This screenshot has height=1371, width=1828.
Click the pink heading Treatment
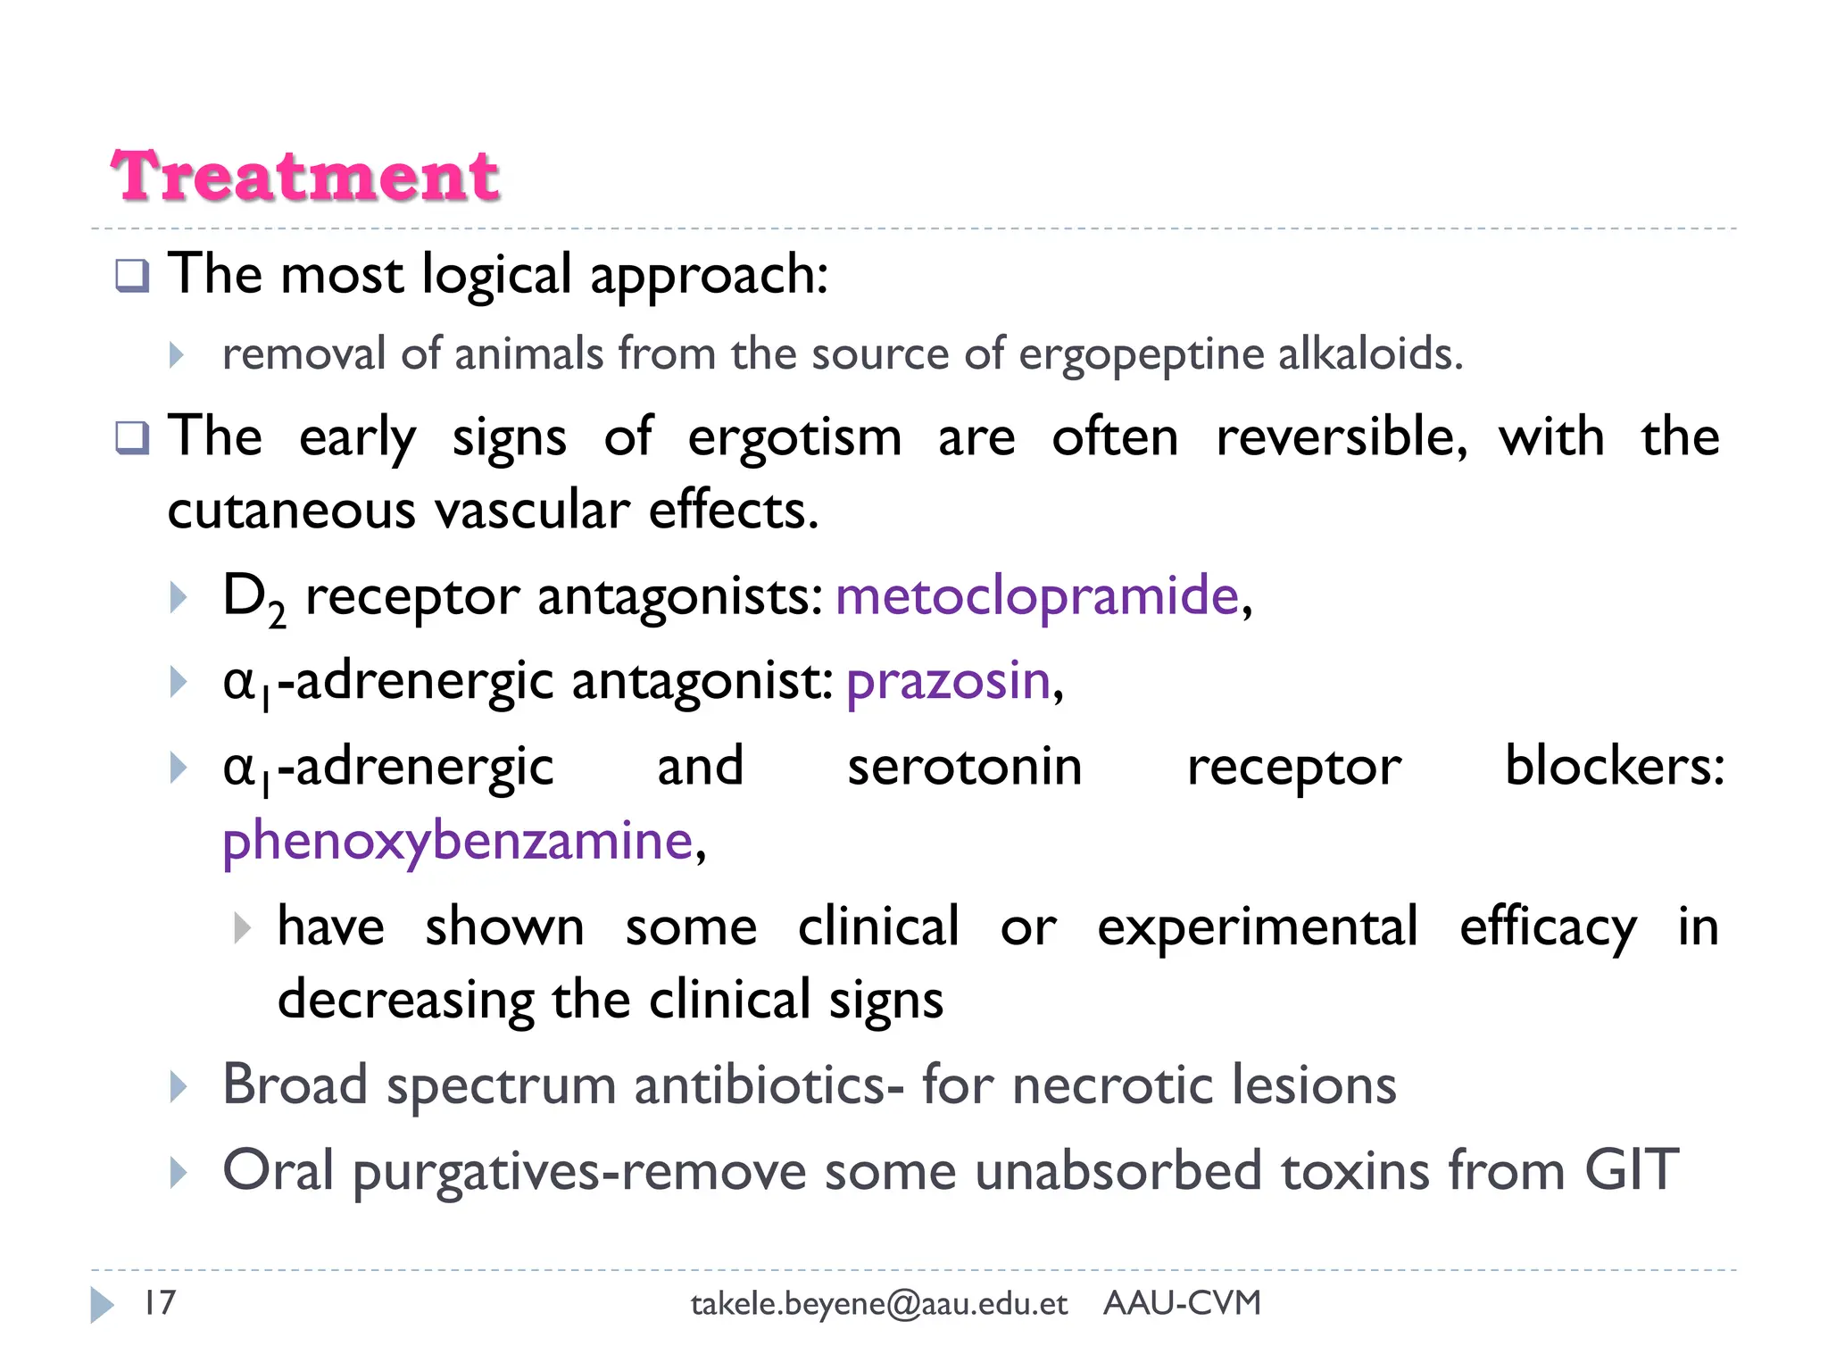304,176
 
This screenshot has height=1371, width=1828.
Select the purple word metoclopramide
1037,595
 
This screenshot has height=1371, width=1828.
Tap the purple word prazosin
948,680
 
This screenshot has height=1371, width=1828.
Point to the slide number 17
161,1302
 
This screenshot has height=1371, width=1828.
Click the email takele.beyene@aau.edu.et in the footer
879,1304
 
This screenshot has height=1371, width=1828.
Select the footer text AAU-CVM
1182,1303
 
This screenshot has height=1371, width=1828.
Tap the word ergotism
794,438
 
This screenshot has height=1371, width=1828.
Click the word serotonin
964,767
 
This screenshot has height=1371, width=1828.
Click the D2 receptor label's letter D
245,595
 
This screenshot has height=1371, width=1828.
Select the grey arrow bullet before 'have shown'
242,927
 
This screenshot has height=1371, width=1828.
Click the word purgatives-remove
580,1172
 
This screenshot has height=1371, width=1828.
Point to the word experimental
1257,927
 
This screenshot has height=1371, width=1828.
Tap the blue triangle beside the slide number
103,1305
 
